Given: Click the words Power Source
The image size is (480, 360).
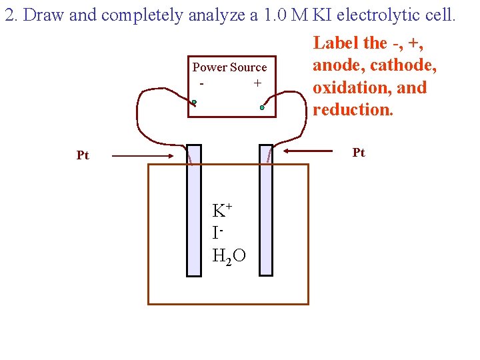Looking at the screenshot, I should (229, 67).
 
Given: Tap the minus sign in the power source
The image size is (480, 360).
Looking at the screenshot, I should (201, 83).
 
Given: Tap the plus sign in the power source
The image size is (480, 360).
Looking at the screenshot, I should (257, 83).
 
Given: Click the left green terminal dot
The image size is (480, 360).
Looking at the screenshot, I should (194, 103).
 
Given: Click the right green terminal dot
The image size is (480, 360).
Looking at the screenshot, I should (262, 107).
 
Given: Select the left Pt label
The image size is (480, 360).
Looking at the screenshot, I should (83, 155).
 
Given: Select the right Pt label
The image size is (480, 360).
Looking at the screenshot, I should (359, 153).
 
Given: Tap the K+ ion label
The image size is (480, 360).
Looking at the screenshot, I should (221, 211).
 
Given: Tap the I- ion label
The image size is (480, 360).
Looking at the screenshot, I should (217, 233).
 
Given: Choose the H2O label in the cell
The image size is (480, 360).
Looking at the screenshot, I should (229, 255).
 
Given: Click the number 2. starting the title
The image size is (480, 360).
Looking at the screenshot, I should (11, 15).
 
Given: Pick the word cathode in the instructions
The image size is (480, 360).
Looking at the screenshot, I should (405, 65).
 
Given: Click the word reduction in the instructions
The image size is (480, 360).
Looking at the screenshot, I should (353, 109).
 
